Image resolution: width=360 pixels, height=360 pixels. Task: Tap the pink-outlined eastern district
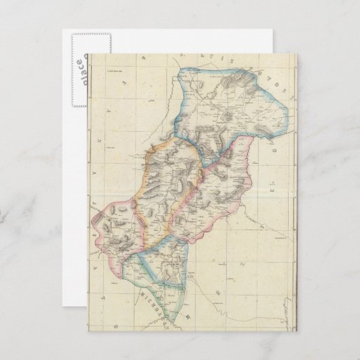tap(217, 197)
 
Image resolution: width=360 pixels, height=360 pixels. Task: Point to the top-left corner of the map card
tap(87, 54)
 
